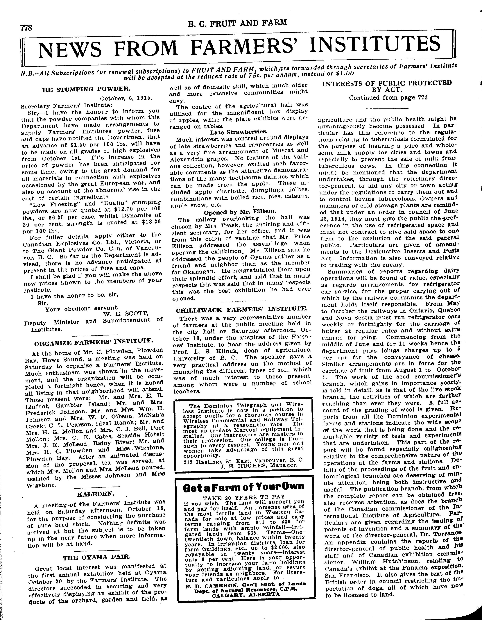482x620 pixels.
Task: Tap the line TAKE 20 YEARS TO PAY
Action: [x=243, y=497]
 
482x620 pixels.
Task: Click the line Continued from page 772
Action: [x=388, y=98]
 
